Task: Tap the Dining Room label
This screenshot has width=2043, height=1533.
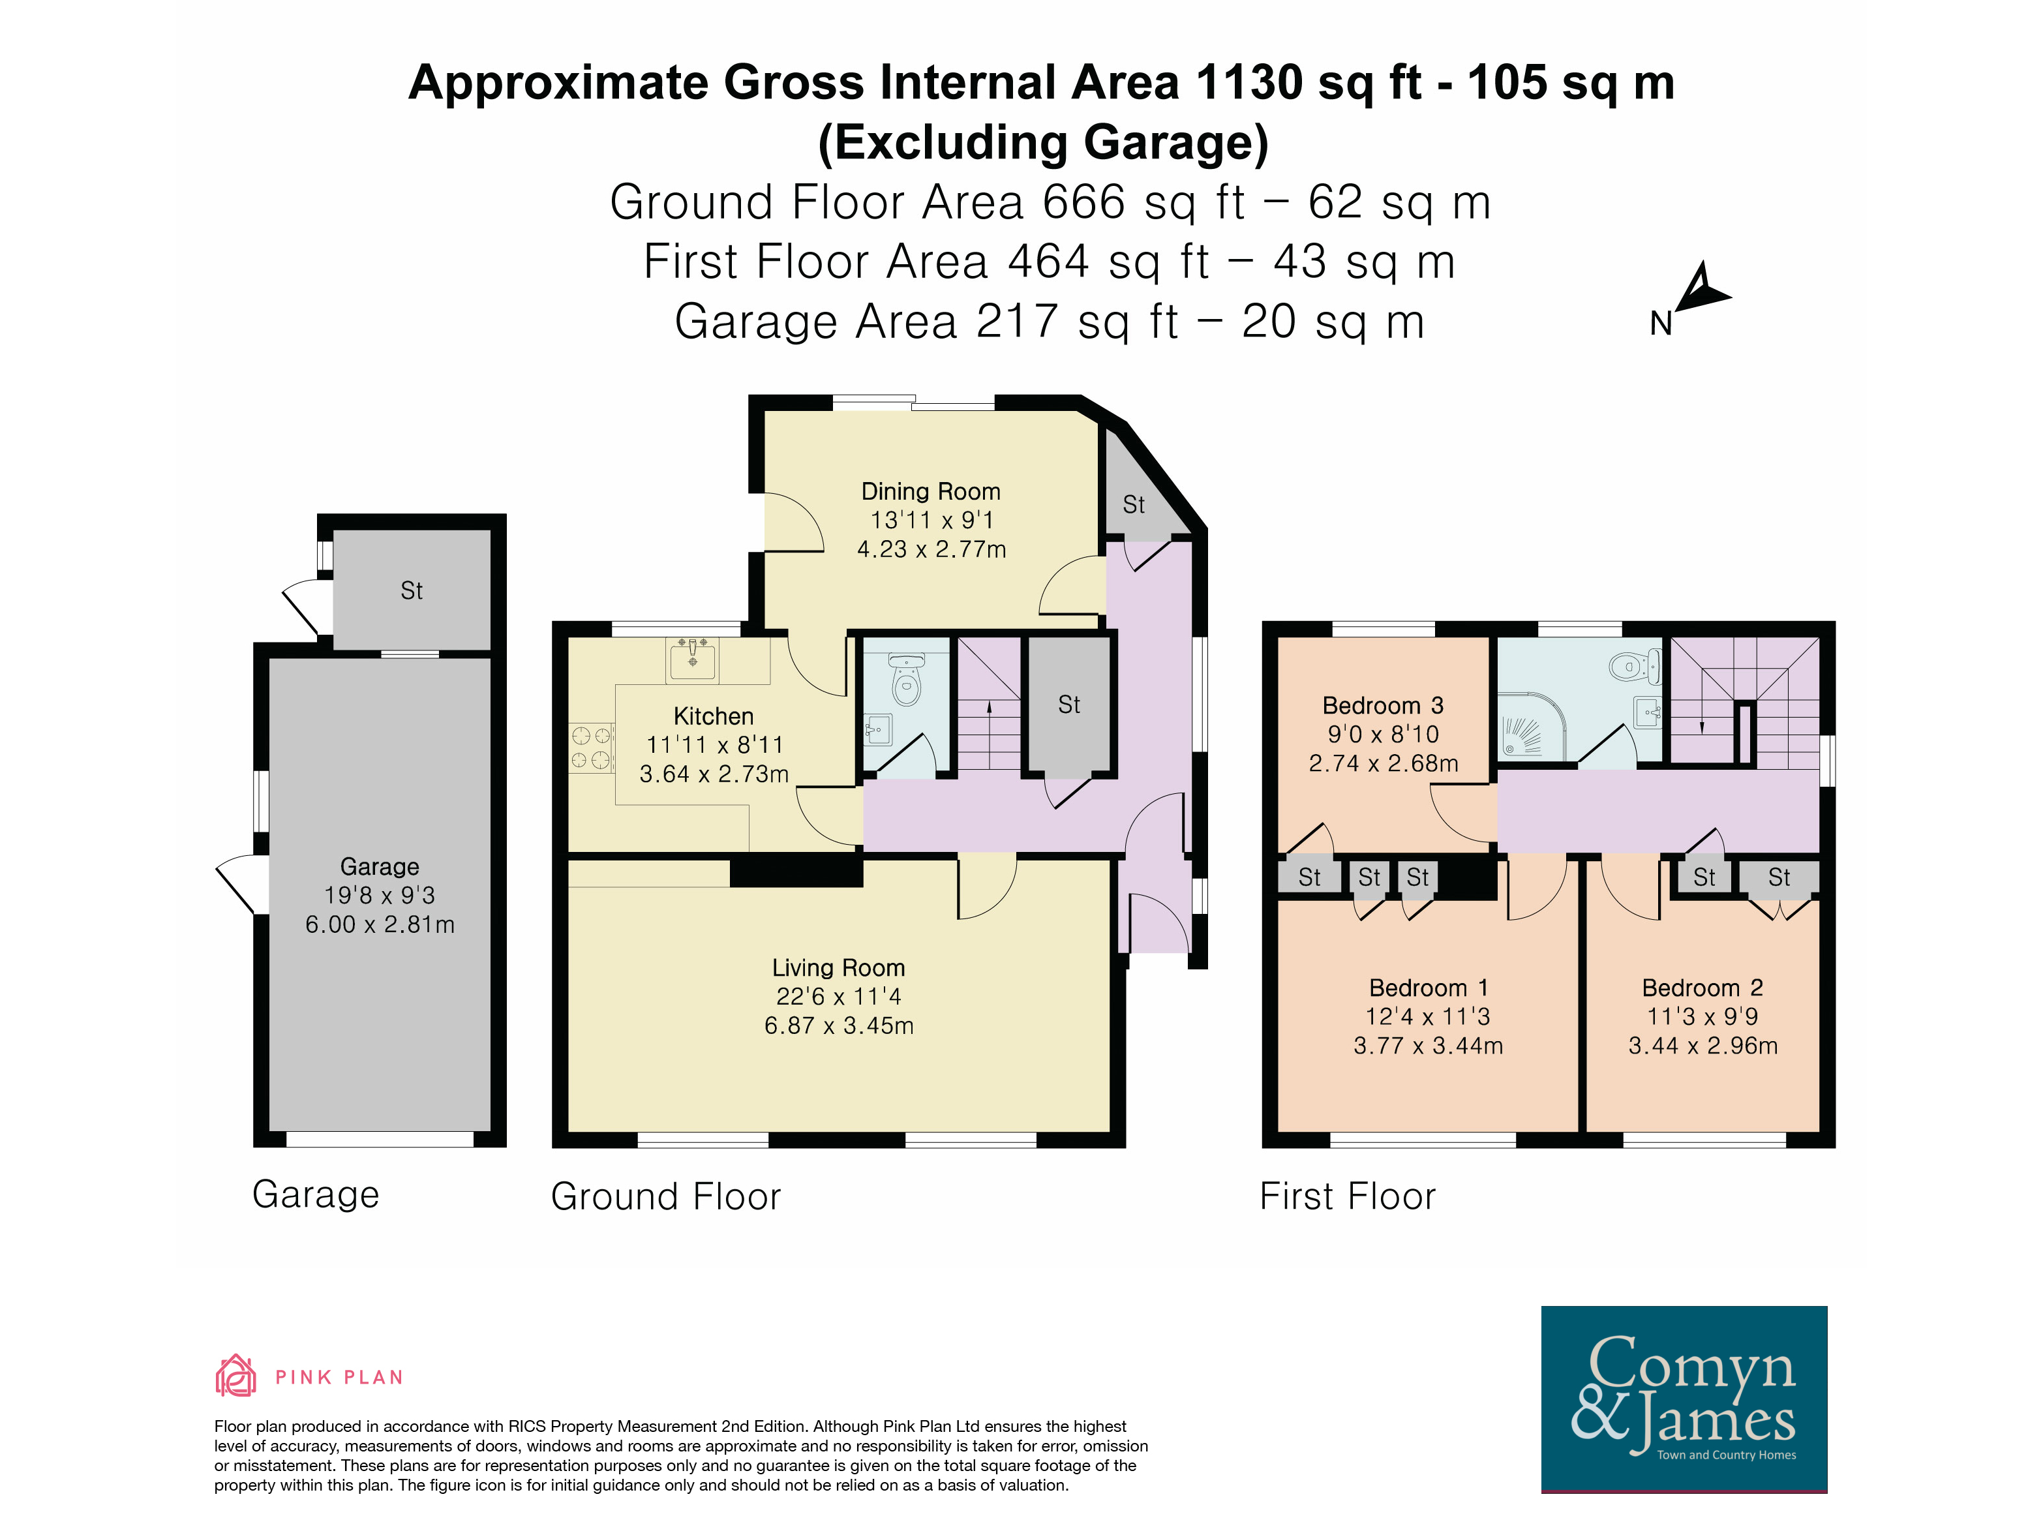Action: [930, 491]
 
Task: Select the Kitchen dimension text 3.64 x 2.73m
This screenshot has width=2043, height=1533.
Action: [714, 774]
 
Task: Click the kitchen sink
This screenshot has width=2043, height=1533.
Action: [693, 660]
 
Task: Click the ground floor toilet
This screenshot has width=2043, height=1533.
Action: [906, 679]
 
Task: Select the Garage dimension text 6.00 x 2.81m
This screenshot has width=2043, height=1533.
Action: [380, 924]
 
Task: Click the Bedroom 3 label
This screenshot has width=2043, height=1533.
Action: [1383, 706]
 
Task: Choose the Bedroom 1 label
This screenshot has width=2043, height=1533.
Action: [1428, 988]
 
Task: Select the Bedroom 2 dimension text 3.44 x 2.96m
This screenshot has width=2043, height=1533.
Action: [1702, 1046]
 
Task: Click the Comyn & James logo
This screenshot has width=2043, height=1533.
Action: [1684, 1399]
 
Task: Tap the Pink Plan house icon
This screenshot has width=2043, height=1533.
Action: [235, 1375]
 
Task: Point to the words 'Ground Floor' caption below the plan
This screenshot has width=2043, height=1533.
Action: [666, 1197]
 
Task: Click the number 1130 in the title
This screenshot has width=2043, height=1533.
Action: [1248, 82]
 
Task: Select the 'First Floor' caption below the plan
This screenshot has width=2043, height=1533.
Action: [1348, 1197]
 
